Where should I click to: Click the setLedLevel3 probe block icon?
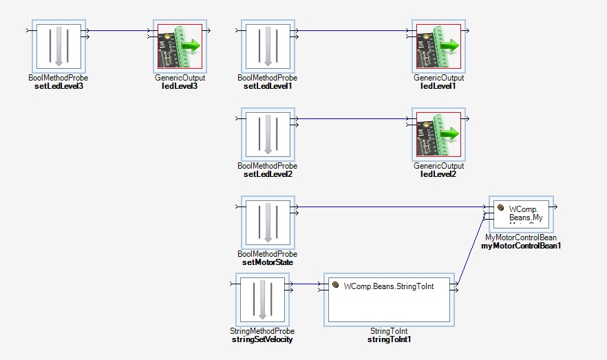tap(58, 47)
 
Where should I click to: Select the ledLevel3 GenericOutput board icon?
tap(180, 47)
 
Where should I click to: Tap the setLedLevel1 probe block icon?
tap(268, 47)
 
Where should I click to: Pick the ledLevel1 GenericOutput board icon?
tap(438, 47)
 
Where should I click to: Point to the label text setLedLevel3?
tap(58, 86)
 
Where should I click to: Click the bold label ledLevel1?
tap(438, 86)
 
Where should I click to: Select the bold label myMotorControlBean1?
tap(521, 246)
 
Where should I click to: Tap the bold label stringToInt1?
tap(389, 339)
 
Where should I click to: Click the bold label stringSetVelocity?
tap(262, 339)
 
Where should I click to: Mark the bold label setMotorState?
tap(268, 262)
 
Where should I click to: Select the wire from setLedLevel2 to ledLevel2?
tap(351, 118)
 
